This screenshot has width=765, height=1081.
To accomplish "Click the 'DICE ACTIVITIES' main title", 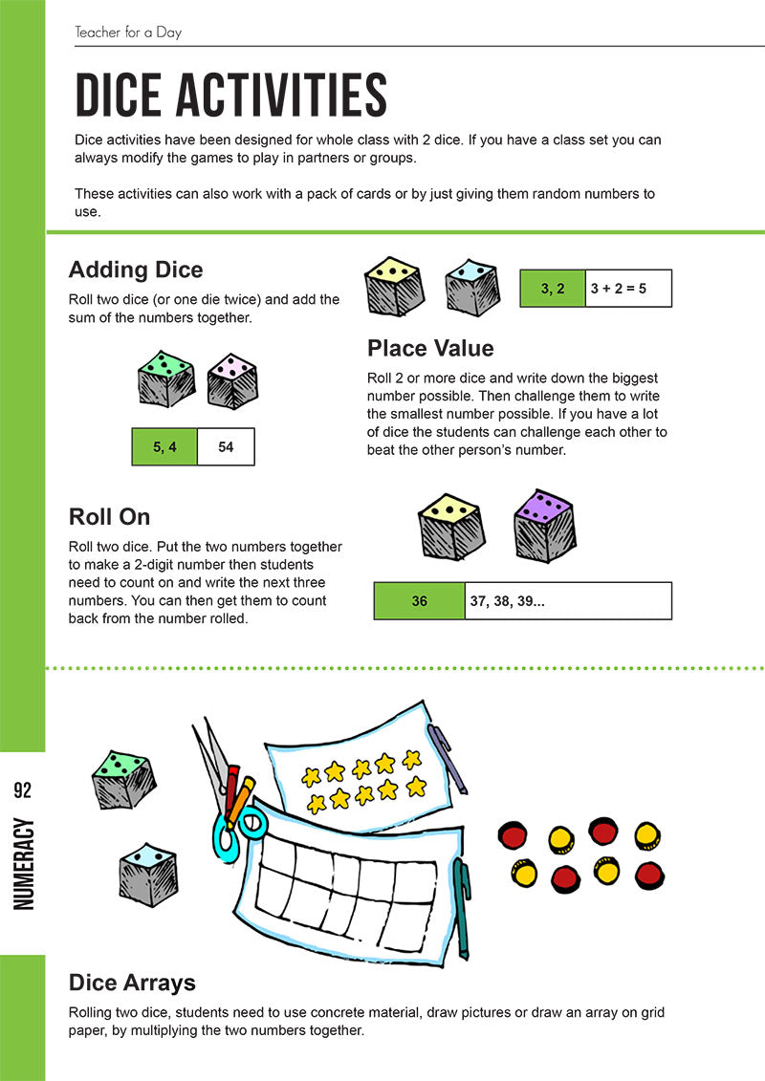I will pyautogui.click(x=231, y=96).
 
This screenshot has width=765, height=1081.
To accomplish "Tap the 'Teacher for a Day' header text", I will pyautogui.click(x=128, y=32).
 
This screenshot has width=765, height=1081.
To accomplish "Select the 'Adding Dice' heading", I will pyautogui.click(x=136, y=270).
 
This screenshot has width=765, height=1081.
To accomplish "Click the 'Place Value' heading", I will pyautogui.click(x=430, y=347).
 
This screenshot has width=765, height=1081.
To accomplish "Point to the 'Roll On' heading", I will pyautogui.click(x=109, y=517).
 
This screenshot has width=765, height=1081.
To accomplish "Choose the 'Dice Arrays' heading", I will pyautogui.click(x=132, y=983).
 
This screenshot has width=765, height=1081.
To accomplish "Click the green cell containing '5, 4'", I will pyautogui.click(x=164, y=446).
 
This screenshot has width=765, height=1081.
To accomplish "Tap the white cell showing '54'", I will pyautogui.click(x=226, y=446).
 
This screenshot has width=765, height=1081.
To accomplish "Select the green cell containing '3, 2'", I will pyautogui.click(x=553, y=288).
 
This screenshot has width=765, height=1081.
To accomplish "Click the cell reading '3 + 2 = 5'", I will pyautogui.click(x=627, y=288).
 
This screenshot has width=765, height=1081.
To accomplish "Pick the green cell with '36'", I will pyautogui.click(x=419, y=601).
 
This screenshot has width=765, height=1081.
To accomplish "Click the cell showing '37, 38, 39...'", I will pyautogui.click(x=568, y=601).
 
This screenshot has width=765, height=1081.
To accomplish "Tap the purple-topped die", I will pyautogui.click(x=543, y=527).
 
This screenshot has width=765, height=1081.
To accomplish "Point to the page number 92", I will pyautogui.click(x=23, y=790).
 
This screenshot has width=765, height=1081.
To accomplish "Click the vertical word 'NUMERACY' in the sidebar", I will pyautogui.click(x=24, y=864).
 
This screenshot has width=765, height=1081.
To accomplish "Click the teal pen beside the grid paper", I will pyautogui.click(x=462, y=908).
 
